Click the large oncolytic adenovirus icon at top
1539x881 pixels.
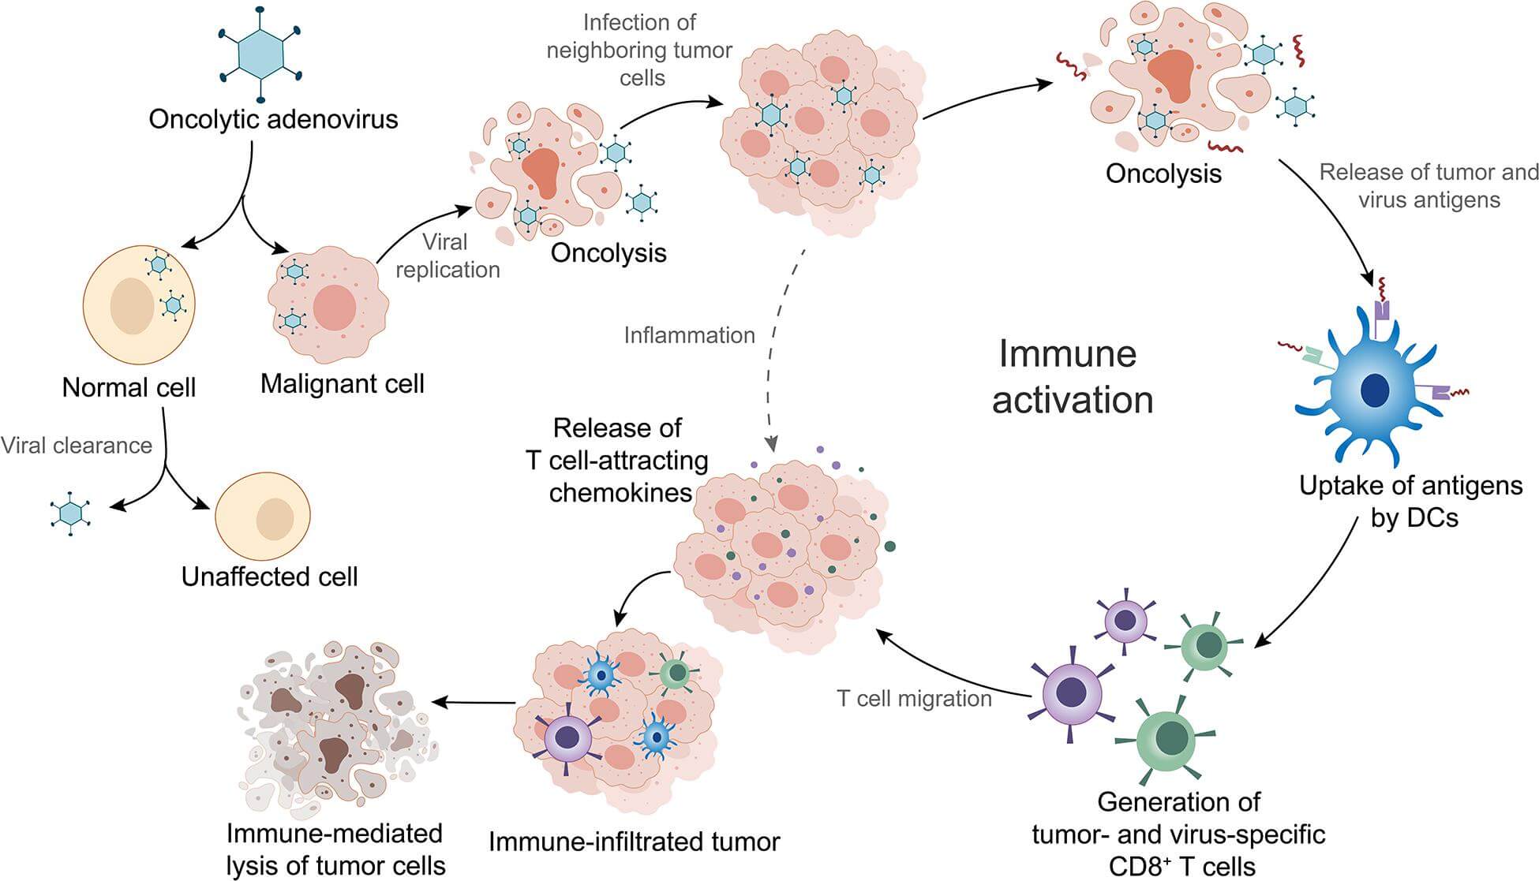click(260, 53)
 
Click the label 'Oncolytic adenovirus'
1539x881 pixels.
click(273, 120)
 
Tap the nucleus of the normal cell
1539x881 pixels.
click(132, 306)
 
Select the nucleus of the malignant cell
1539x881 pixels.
click(335, 308)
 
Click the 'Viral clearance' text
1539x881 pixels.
click(77, 446)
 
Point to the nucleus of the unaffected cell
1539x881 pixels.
click(275, 518)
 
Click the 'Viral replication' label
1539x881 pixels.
click(447, 256)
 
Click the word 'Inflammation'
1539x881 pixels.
click(689, 335)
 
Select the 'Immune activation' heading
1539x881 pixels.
click(1071, 376)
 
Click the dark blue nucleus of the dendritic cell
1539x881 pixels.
click(1376, 389)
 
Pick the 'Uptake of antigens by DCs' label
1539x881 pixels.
click(1411, 501)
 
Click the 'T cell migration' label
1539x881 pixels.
click(914, 699)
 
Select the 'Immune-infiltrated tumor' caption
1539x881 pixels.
click(634, 842)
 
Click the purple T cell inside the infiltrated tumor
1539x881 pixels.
click(567, 737)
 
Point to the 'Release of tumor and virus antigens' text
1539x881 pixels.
click(1429, 186)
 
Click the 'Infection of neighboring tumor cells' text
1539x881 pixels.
click(640, 50)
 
